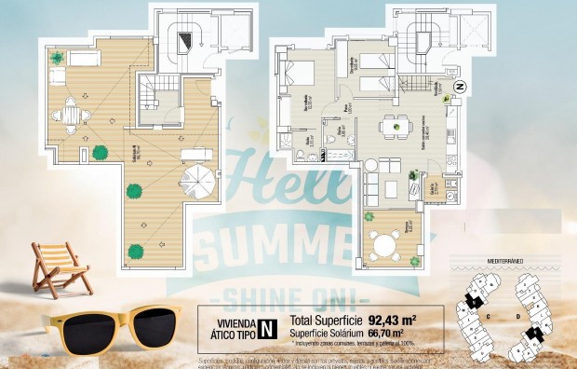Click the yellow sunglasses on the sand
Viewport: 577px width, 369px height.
coord(112,327)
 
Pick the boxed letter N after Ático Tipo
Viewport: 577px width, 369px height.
coord(266,328)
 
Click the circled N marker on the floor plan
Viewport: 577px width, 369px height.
coord(458,87)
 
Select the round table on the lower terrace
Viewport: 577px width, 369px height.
coord(383,245)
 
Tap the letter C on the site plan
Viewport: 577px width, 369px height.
coord(488,316)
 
